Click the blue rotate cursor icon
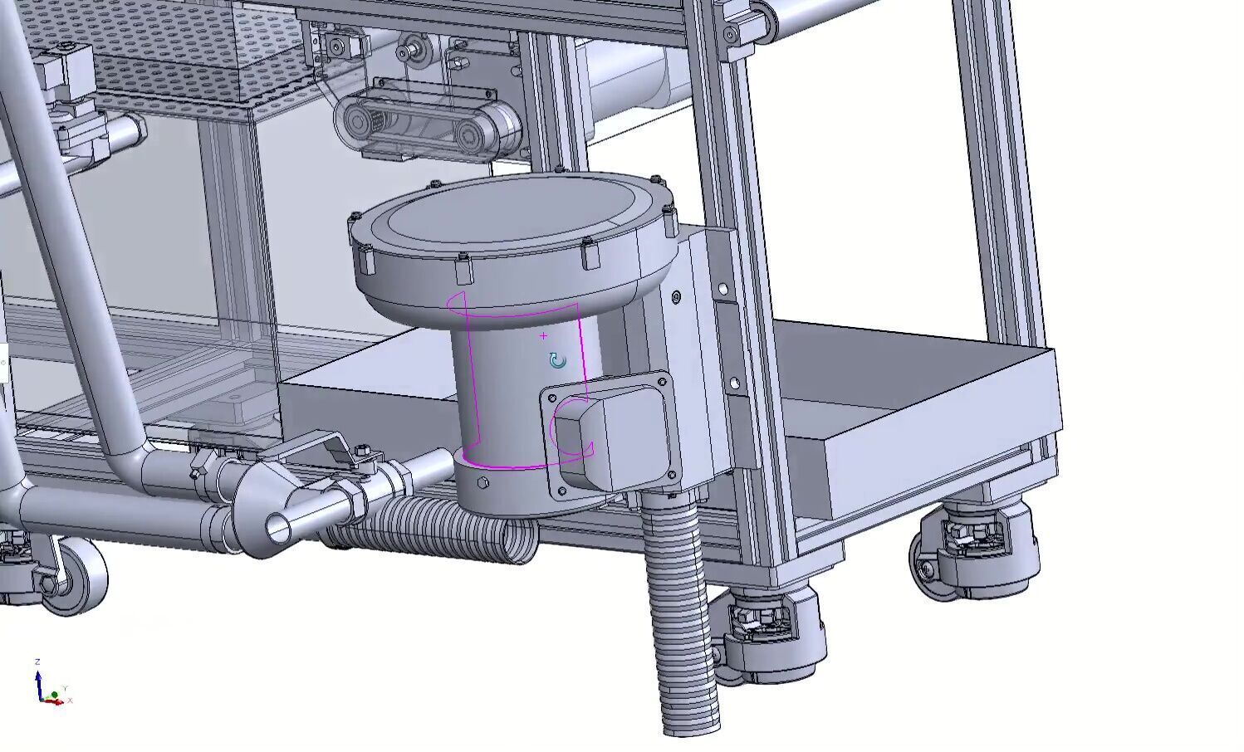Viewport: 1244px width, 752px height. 558,360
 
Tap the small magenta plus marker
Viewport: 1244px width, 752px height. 544,336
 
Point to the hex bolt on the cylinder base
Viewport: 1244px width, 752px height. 483,482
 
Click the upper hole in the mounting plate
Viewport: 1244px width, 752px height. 722,289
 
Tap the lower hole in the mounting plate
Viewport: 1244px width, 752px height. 734,383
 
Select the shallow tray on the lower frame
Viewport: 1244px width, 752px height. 922,415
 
